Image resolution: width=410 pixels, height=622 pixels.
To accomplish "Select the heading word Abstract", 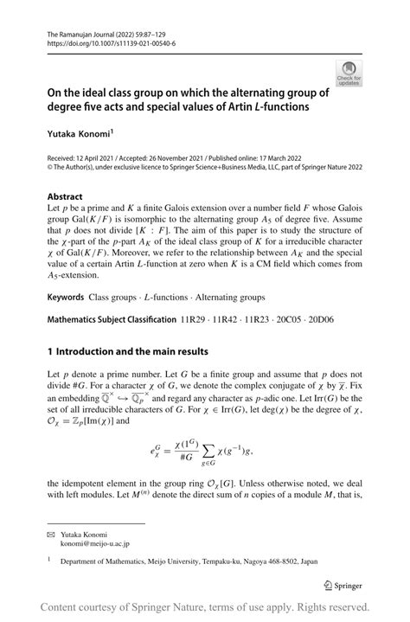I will point(65,196).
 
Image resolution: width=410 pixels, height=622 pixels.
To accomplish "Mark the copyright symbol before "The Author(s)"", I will point(50,170).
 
